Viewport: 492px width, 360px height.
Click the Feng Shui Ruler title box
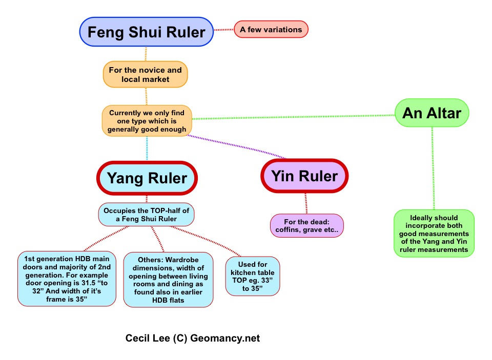(146, 32)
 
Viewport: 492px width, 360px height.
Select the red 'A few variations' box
(271, 30)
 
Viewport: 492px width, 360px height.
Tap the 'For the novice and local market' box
(146, 75)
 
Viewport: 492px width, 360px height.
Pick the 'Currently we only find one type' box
(147, 120)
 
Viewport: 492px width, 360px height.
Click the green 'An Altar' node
(432, 113)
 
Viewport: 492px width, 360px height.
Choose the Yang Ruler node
(147, 178)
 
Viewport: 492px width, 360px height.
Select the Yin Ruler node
(304, 176)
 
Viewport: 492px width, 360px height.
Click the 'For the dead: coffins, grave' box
(306, 226)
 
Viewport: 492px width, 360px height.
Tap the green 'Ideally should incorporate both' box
(434, 234)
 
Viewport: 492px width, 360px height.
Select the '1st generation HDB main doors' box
(66, 279)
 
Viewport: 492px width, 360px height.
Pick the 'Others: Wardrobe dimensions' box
(168, 279)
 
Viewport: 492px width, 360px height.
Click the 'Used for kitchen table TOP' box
(253, 276)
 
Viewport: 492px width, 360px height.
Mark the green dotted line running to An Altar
(292, 118)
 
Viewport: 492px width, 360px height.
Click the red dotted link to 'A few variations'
(223, 30)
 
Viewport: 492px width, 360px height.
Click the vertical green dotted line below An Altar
(433, 169)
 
